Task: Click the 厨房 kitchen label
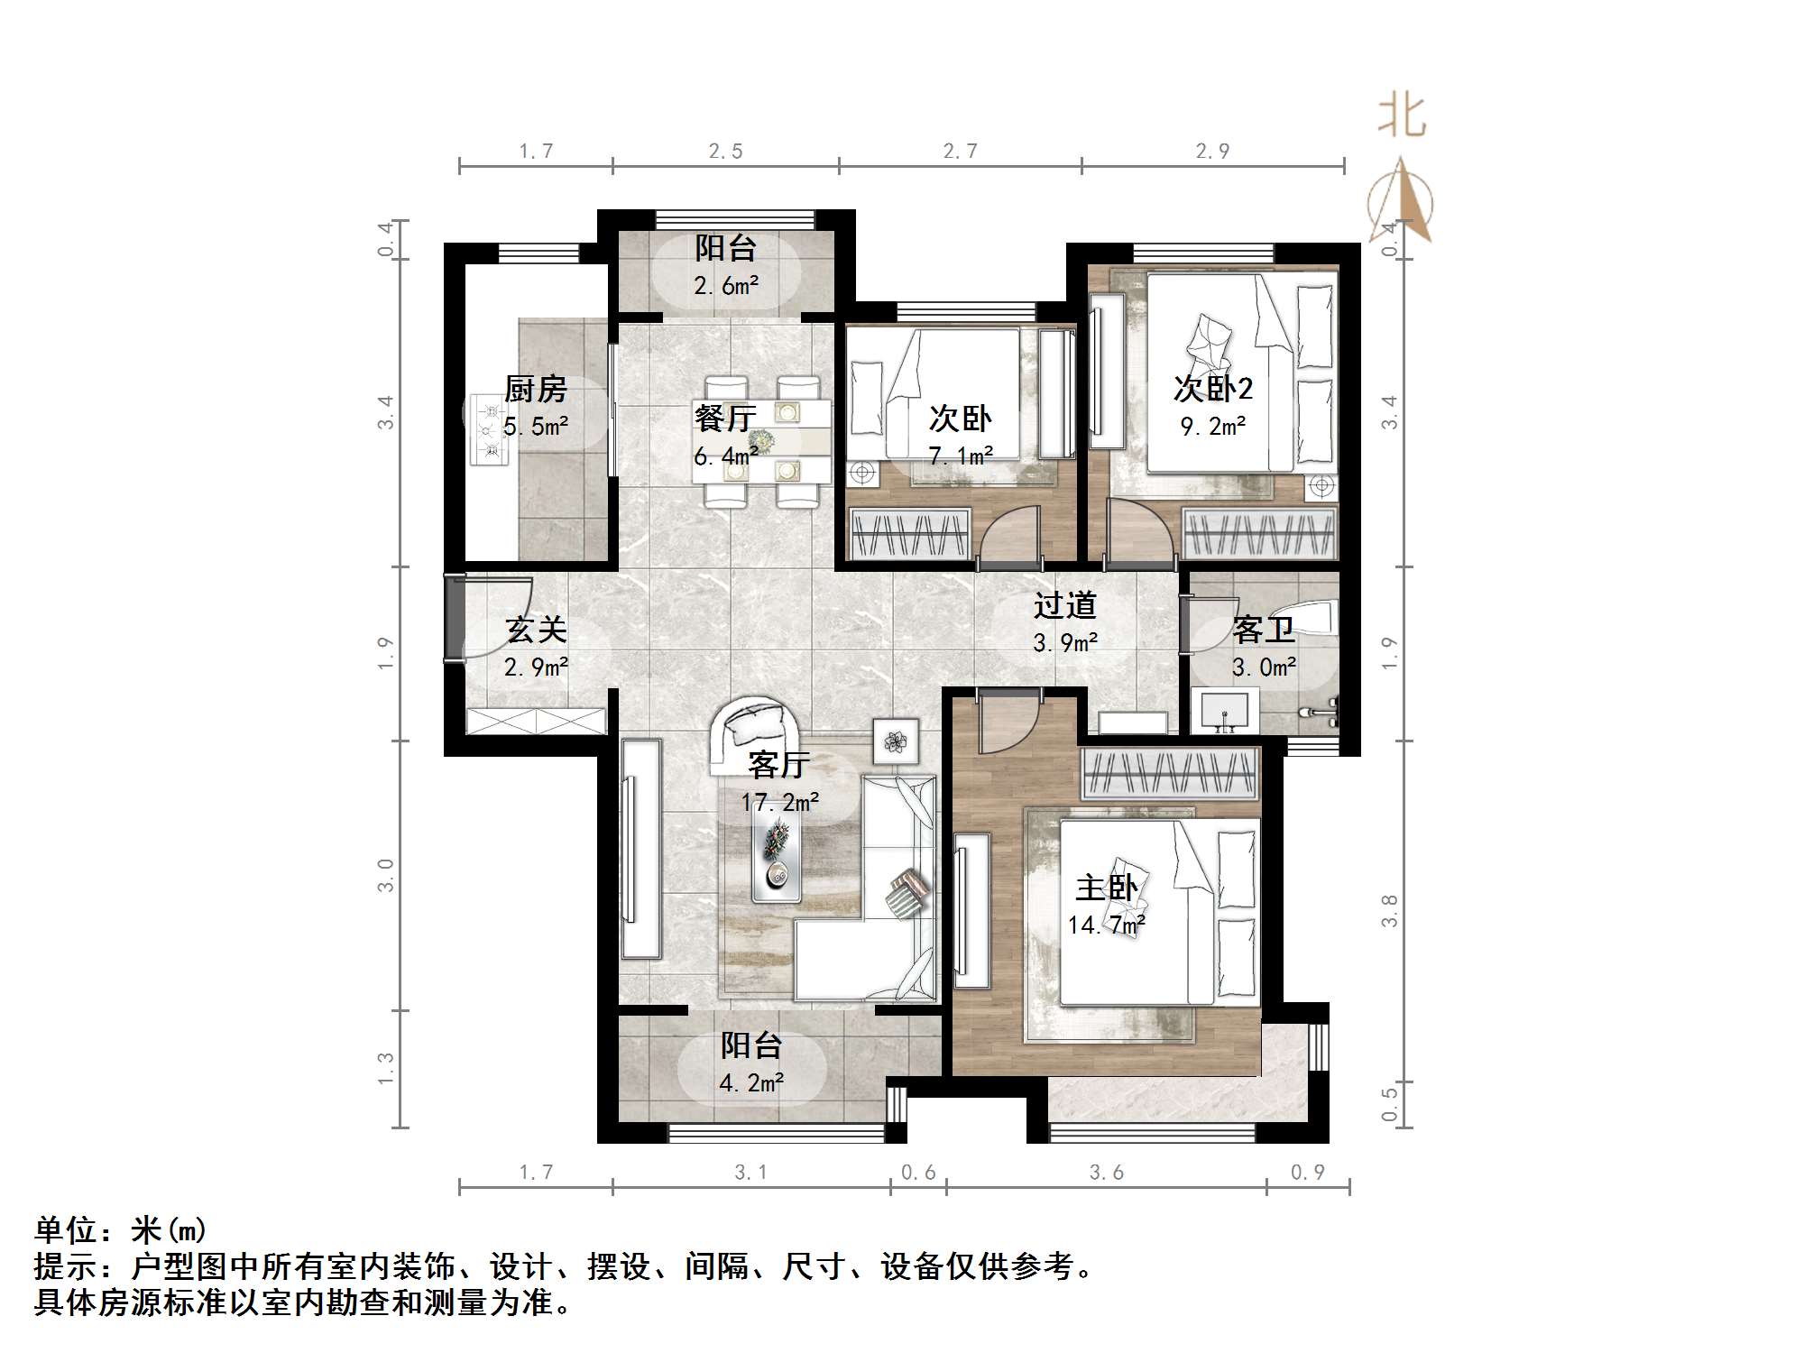pyautogui.click(x=536, y=390)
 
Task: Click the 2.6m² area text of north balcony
pyautogui.click(x=726, y=286)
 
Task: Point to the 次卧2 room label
pyautogui.click(x=1213, y=389)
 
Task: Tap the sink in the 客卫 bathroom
pyautogui.click(x=1224, y=711)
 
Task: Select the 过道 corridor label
pyautogui.click(x=1064, y=604)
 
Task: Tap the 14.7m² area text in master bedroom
pyautogui.click(x=1107, y=925)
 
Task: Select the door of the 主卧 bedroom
pyautogui.click(x=1006, y=722)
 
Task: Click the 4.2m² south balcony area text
pyautogui.click(x=750, y=1082)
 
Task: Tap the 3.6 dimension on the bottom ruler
pyautogui.click(x=1107, y=1173)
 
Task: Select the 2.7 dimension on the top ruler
pyautogui.click(x=960, y=152)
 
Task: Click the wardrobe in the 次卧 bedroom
pyautogui.click(x=910, y=534)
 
